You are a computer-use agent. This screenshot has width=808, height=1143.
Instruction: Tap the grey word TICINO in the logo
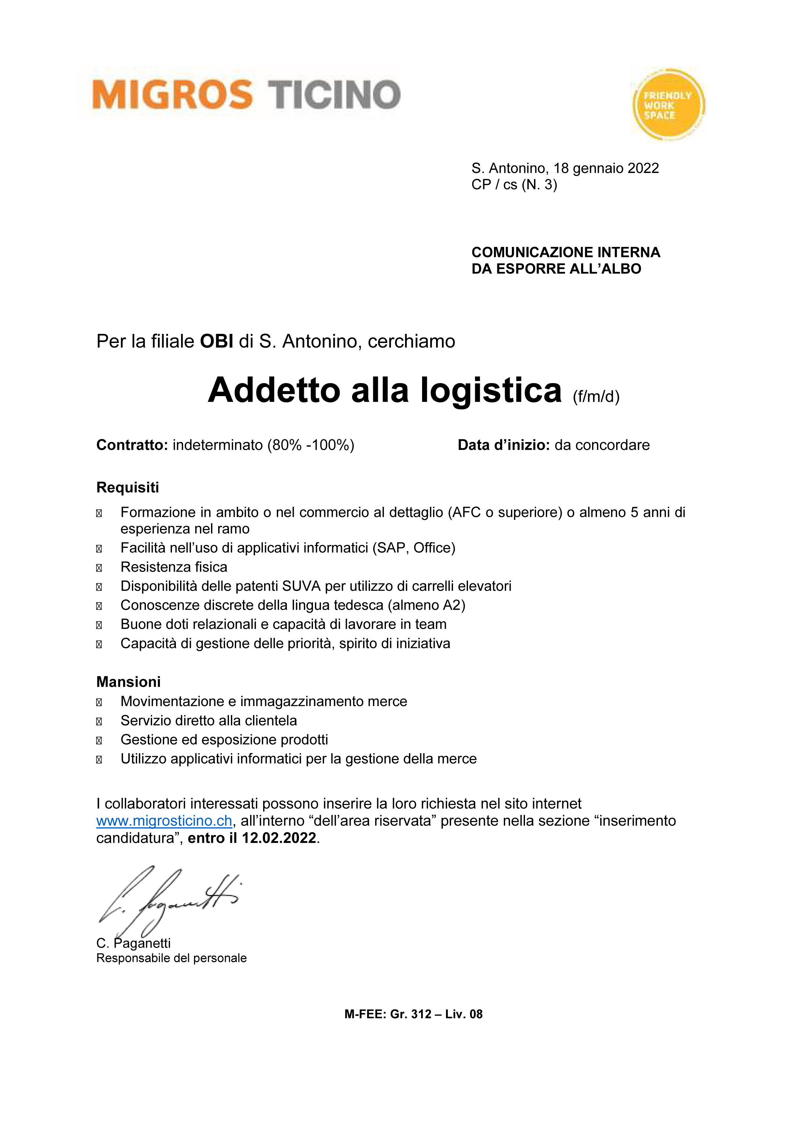[334, 94]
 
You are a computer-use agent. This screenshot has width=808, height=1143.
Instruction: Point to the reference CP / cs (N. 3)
[514, 185]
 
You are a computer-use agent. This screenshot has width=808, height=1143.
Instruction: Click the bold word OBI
[217, 341]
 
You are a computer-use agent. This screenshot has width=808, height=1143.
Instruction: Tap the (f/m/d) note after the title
[596, 397]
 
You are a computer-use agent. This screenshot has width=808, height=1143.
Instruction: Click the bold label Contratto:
[132, 445]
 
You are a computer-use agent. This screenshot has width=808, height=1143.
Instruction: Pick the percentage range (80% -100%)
[311, 445]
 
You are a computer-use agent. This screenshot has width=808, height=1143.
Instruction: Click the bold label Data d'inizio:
[503, 445]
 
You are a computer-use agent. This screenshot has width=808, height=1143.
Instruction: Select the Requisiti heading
[127, 487]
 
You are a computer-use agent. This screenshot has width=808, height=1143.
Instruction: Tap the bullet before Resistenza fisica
[99, 567]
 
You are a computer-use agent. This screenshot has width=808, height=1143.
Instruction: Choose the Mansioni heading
[128, 681]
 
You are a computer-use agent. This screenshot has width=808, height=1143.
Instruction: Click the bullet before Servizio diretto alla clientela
[99, 721]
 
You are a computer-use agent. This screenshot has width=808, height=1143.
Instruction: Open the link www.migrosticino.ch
[164, 821]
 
